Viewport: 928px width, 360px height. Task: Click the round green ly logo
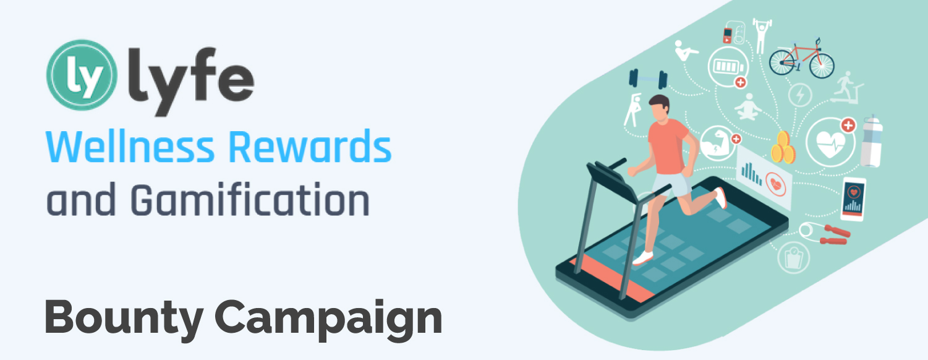82,75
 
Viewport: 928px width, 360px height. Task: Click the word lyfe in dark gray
192,82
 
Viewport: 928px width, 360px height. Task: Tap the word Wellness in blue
130,147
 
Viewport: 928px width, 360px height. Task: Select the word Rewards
310,147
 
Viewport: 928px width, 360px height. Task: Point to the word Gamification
250,200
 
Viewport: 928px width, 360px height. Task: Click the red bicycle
802,59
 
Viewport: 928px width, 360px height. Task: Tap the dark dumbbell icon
648,79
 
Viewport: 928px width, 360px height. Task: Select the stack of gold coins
783,148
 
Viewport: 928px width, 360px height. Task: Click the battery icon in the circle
728,67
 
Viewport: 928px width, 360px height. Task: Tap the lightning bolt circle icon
800,95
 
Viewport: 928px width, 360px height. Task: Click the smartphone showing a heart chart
853,199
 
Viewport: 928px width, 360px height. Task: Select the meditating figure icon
748,107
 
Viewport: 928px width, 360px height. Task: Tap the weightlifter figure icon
760,35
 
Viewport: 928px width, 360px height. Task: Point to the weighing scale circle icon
793,258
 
